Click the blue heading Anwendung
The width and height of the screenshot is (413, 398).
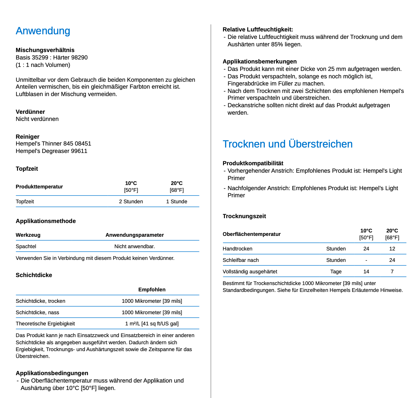click(43, 31)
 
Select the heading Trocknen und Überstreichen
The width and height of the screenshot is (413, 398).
click(287, 144)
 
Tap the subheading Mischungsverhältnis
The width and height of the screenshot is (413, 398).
click(45, 50)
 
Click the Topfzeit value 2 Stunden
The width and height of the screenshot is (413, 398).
click(131, 202)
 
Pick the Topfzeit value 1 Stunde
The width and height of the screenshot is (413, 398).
click(177, 202)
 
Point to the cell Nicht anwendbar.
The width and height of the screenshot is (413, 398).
click(135, 246)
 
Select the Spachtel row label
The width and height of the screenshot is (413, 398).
click(26, 246)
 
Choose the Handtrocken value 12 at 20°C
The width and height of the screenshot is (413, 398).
click(392, 249)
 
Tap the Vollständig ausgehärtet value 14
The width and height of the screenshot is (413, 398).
click(366, 272)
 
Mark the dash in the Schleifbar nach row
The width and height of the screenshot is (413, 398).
click(366, 260)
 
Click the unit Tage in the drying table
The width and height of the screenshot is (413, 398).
click(336, 272)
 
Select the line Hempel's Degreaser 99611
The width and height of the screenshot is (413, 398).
click(51, 151)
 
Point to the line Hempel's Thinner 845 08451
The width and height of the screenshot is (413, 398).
click(53, 144)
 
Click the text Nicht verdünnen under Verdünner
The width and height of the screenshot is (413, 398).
click(37, 119)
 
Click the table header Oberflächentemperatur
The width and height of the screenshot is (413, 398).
click(252, 234)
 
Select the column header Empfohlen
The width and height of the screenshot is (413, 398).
click(152, 290)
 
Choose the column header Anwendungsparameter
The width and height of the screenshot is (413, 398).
click(135, 235)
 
